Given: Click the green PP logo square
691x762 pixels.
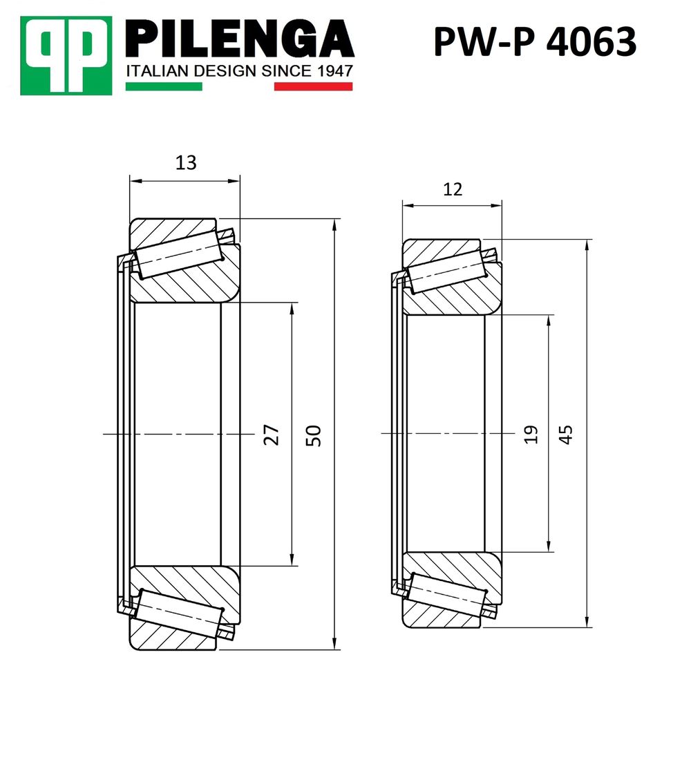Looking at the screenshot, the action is pos(66,55).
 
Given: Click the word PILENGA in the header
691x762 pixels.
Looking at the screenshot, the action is pos(240,39).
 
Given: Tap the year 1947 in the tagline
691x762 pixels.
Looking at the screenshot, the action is pos(334,71).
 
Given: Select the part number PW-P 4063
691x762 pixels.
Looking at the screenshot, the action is pos(535,41).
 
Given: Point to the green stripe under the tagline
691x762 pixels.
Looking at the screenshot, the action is pos(164,86).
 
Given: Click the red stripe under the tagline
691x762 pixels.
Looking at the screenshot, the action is pos(314,86).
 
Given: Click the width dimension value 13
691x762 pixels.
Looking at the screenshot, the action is pos(186,163).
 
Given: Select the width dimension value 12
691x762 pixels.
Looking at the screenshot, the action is pos(453,189).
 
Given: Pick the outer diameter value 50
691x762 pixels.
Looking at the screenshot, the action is pos(314,435).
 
